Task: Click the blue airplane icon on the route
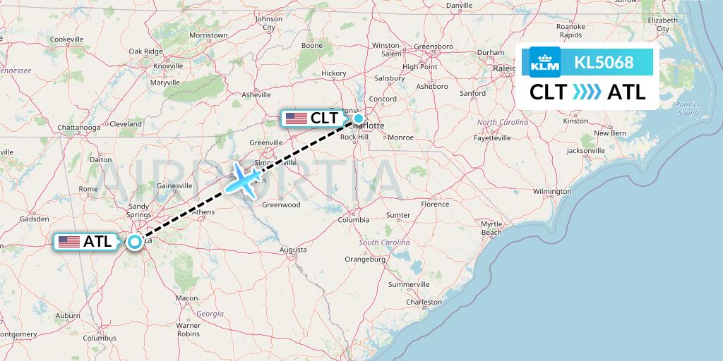coord(244,179)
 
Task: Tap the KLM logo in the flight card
coord(544,63)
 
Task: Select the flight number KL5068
coord(604,63)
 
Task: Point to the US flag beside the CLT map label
coord(297,118)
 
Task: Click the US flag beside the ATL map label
coord(69,242)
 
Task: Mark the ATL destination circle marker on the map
coord(133,241)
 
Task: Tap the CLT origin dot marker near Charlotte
coord(359,118)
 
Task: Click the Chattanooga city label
coord(78,128)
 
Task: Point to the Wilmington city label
coord(552,191)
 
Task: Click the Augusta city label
coord(293,250)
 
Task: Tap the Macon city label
coord(187,298)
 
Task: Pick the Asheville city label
coord(256,94)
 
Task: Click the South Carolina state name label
coord(385,243)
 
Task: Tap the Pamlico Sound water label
coord(687,109)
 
